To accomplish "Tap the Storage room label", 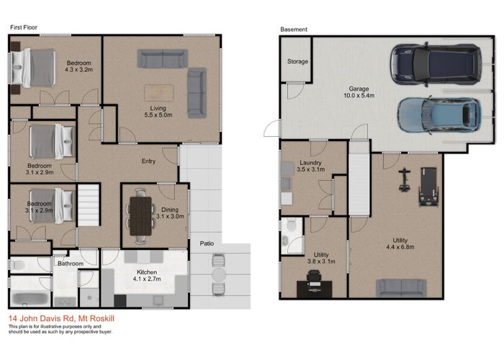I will coord(298,62).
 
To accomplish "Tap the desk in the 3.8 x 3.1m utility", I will coord(315,287).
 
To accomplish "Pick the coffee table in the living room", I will coord(159,93).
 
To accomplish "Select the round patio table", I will coord(219,274).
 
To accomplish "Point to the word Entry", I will coord(148,161).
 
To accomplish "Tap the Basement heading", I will coord(294,30).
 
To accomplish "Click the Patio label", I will coord(207,244).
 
